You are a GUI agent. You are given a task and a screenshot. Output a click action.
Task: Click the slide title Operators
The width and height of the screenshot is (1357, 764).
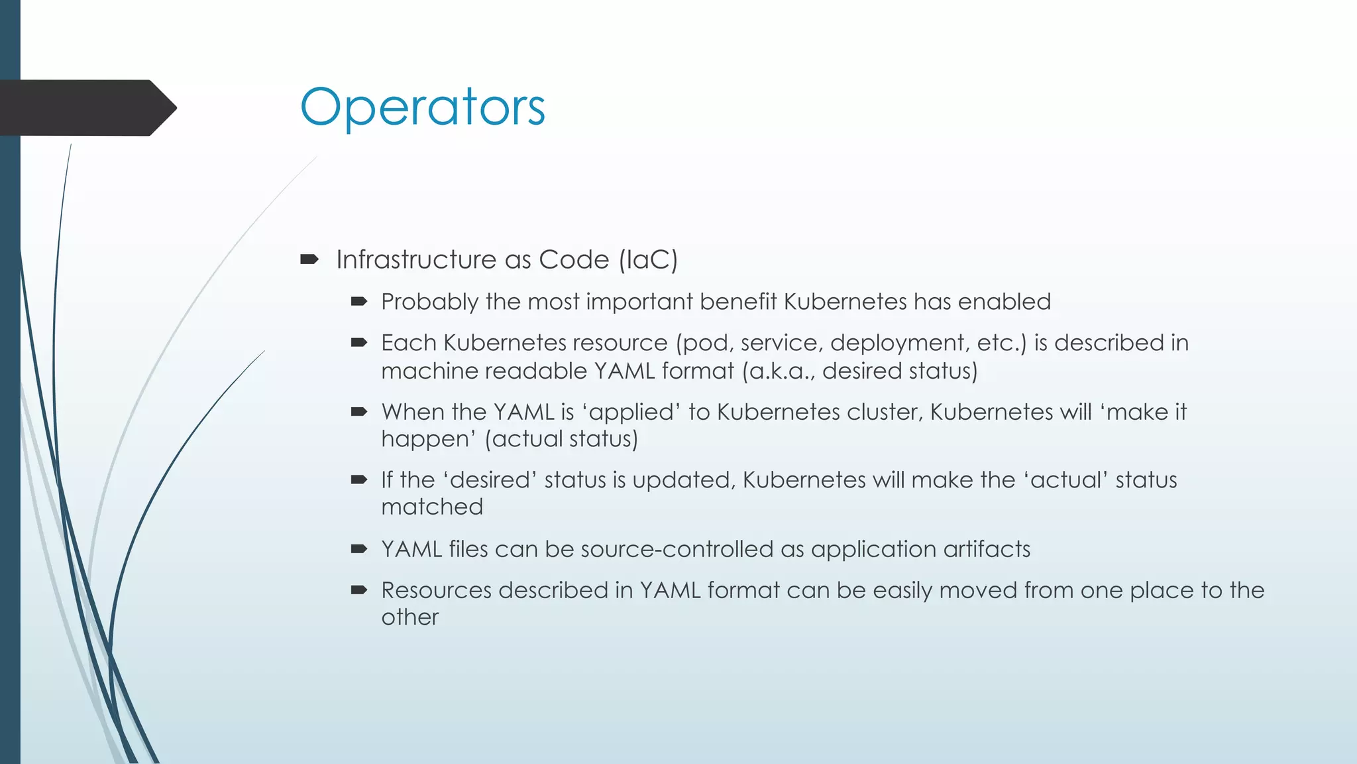pos(422,107)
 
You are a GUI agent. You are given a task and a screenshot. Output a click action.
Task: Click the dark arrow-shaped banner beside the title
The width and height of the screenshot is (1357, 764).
pos(86,107)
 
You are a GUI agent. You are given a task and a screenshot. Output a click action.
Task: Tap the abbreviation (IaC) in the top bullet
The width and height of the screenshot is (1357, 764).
pos(648,260)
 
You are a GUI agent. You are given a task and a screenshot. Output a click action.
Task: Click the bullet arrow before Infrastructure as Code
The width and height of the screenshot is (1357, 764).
pos(309,259)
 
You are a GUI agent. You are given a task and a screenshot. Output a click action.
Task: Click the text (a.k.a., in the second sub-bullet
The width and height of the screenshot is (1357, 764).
pos(778,371)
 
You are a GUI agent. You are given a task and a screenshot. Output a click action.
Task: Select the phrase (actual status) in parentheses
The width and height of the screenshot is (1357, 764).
pos(561,439)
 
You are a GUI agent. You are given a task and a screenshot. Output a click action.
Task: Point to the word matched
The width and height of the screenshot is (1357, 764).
pos(432,507)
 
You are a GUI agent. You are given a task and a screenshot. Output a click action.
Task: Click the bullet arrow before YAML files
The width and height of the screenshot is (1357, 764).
pos(359,548)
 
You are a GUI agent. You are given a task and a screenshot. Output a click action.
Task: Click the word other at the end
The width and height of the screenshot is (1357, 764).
pos(409,617)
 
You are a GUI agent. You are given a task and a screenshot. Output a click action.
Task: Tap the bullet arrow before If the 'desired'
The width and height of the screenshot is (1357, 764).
pos(359,479)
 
